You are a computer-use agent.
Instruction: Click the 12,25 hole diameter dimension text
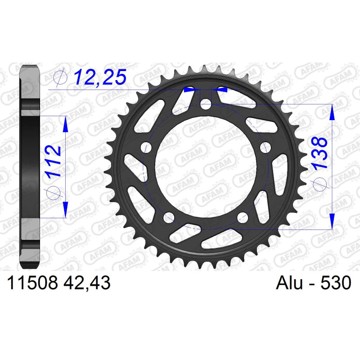point(100,77)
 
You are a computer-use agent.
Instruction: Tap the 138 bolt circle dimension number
point(319,153)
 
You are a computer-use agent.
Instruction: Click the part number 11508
point(32,283)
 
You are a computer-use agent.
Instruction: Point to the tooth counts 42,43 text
point(87,283)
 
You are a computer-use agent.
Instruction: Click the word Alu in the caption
point(290,283)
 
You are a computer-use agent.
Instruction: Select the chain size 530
point(336,283)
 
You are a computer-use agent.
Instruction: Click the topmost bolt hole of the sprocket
point(206,105)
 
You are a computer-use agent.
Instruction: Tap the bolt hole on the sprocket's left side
point(146,148)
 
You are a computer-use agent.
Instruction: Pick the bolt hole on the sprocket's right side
point(265,148)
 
